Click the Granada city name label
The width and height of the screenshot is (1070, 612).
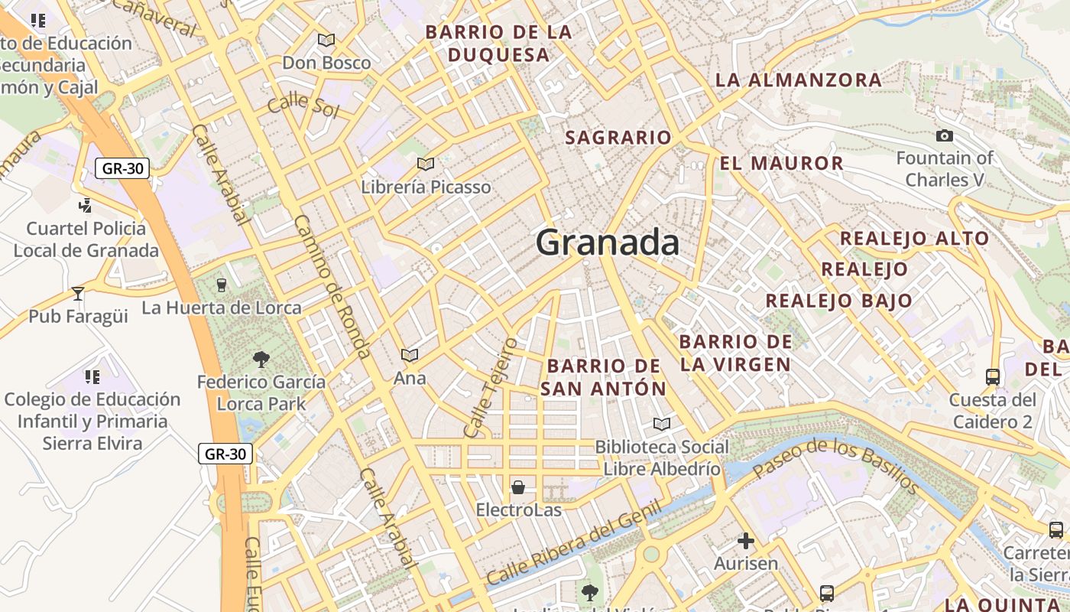point(608,243)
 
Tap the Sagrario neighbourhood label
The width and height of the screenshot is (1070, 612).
point(618,138)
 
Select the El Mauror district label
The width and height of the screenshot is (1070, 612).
point(782,163)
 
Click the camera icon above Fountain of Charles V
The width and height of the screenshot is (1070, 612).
point(945,136)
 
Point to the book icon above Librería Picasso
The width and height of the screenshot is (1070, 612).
point(426,164)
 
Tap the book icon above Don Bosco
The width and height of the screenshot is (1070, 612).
point(326,40)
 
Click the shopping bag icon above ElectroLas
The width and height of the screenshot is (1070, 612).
point(518,487)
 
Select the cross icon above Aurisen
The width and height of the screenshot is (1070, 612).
point(746,542)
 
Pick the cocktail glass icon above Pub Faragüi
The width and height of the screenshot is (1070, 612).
point(77,293)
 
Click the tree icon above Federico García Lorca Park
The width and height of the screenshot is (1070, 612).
point(261,358)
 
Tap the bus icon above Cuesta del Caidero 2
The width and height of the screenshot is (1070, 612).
point(993,376)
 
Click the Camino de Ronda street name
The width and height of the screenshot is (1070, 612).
point(332,286)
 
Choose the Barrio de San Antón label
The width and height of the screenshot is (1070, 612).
point(604,377)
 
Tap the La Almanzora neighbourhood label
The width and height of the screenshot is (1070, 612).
point(799,80)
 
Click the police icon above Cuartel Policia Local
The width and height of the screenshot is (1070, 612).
point(85,205)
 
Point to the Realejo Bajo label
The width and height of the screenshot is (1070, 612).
point(839,301)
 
